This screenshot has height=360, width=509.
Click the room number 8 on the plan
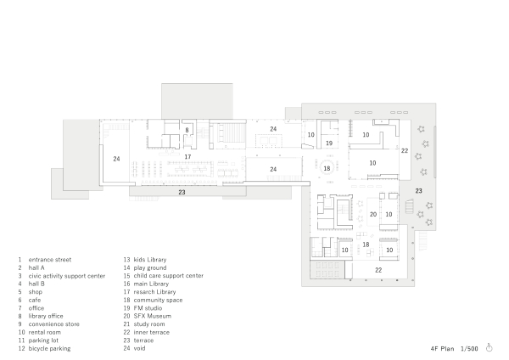187,130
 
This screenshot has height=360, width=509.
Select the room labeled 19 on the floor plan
328,143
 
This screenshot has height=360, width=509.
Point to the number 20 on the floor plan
372,214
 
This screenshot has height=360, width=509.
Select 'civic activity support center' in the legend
67,276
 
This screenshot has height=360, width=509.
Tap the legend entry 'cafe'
36,300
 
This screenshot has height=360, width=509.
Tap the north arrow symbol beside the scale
490,347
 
